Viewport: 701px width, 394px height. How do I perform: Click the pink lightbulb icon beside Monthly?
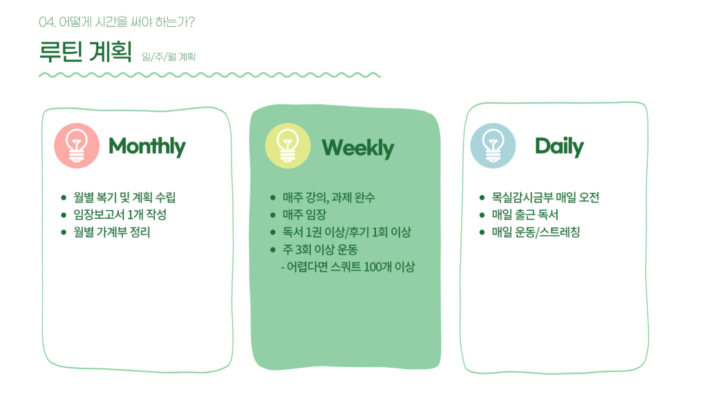click(77, 146)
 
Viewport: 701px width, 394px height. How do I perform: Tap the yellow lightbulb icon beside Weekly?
click(288, 146)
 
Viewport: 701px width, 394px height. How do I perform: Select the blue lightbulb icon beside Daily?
click(493, 146)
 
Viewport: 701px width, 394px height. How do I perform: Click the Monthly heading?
click(147, 147)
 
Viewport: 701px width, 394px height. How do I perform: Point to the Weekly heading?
click(357, 148)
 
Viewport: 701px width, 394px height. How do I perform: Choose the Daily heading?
click(559, 147)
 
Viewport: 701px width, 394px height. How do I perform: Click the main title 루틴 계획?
click(86, 51)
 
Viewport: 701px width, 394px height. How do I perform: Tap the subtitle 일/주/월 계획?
click(169, 57)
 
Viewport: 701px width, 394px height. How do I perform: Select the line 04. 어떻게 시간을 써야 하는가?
click(117, 22)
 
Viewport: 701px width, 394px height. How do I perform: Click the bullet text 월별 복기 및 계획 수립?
click(124, 197)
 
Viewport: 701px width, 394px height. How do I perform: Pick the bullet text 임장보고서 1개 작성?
click(120, 215)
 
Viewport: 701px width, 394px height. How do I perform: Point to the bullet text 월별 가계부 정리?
click(112, 232)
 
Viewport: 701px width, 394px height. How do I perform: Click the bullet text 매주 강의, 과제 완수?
click(328, 197)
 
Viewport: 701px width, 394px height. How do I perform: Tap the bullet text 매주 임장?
click(304, 215)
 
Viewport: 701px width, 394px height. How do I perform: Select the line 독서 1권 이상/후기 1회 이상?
click(346, 232)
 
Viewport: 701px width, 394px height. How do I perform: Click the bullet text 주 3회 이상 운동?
click(319, 250)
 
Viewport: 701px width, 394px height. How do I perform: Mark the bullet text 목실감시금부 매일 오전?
click(545, 197)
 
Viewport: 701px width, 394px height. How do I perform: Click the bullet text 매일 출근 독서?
click(525, 215)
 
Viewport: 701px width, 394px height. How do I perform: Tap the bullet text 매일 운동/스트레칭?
click(536, 232)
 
